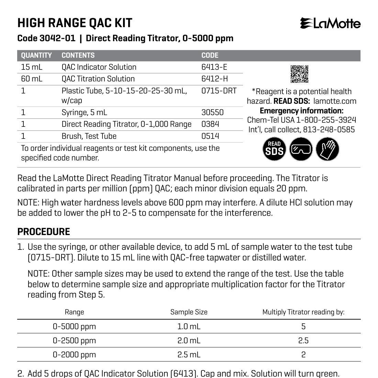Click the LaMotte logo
[330, 23]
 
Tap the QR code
[299, 74]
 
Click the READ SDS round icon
[274, 149]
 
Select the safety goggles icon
[301, 149]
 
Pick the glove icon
[327, 149]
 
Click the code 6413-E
[214, 67]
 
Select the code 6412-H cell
[214, 79]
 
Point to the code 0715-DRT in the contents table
[219, 91]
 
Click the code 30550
[212, 112]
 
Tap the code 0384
[210, 124]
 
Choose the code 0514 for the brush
[210, 136]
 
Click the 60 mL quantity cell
[32, 79]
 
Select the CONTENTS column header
[78, 55]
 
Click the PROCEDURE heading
[44, 232]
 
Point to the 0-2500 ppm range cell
[74, 341]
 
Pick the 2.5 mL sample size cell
[189, 355]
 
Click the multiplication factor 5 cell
[303, 326]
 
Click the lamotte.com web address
[335, 101]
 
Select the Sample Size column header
[189, 312]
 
